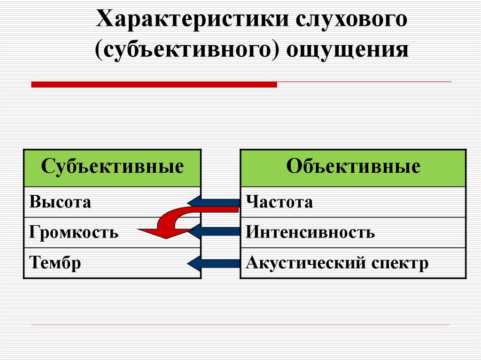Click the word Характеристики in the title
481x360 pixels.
[193, 19]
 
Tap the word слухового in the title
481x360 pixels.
[351, 20]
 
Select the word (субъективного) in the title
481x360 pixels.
[187, 50]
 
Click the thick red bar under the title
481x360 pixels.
[154, 84]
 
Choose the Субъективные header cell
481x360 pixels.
[112, 168]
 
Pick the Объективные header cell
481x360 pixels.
[353, 168]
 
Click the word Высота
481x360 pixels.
[60, 202]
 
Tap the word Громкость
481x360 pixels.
[74, 232]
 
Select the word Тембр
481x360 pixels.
[55, 263]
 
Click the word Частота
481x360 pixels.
[279, 202]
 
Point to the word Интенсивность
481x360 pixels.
[310, 232]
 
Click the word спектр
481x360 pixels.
[400, 264]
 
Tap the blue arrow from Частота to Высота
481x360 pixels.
[214, 202]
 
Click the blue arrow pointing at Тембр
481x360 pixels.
[214, 263]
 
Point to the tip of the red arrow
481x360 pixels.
[138, 230]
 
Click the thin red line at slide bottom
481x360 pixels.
[240, 324]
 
